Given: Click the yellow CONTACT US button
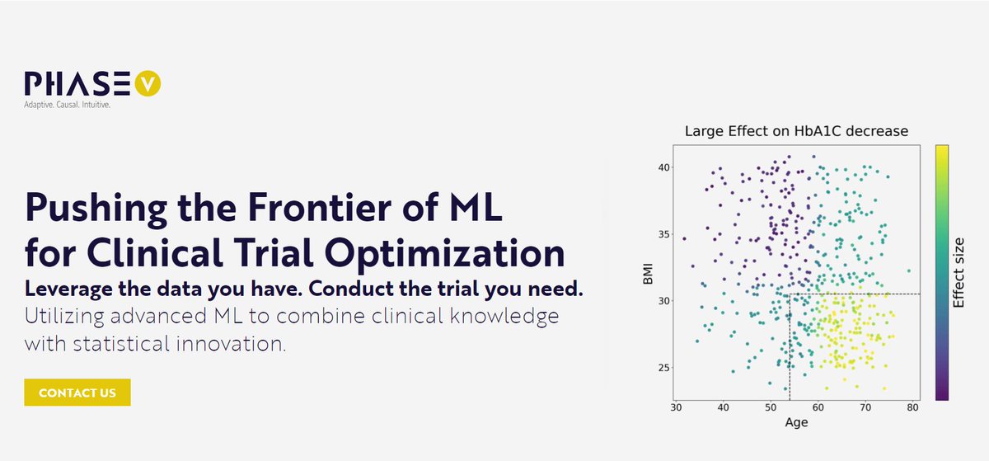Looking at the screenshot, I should [x=77, y=393].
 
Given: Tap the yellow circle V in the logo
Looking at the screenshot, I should [x=148, y=83].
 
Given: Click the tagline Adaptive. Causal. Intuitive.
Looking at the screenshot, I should [x=68, y=106].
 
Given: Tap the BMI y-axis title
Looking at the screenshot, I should [x=649, y=272].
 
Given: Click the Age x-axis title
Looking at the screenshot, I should [x=796, y=422].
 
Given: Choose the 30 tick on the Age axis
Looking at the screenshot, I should [x=676, y=407].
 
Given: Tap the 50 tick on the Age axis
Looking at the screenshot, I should [x=771, y=407].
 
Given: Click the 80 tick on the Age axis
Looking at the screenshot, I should [x=912, y=407].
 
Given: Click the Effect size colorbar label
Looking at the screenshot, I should [x=959, y=272].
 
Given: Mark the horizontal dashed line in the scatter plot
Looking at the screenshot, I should [x=857, y=294].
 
